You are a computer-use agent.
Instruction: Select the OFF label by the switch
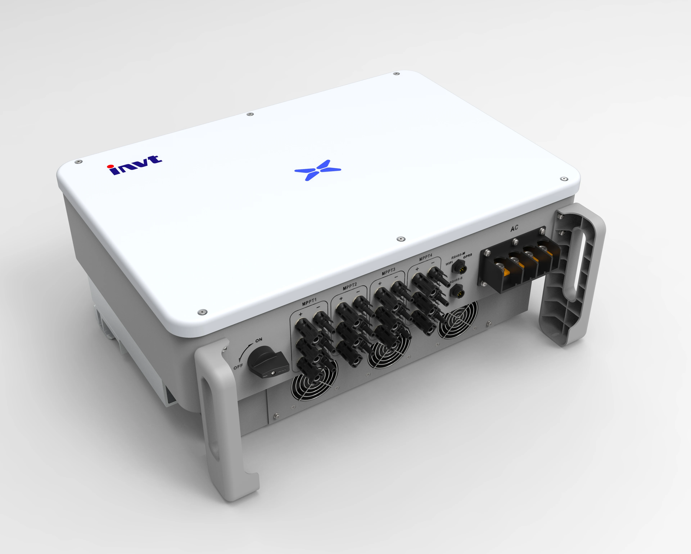pyautogui.click(x=238, y=366)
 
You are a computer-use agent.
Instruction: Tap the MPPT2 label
pyautogui.click(x=350, y=286)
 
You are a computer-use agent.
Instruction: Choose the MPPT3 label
pyautogui.click(x=389, y=272)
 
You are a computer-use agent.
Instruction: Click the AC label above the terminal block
pyautogui.click(x=514, y=228)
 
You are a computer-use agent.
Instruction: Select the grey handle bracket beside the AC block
pyautogui.click(x=574, y=275)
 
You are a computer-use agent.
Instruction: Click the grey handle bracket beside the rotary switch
pyautogui.click(x=221, y=417)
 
